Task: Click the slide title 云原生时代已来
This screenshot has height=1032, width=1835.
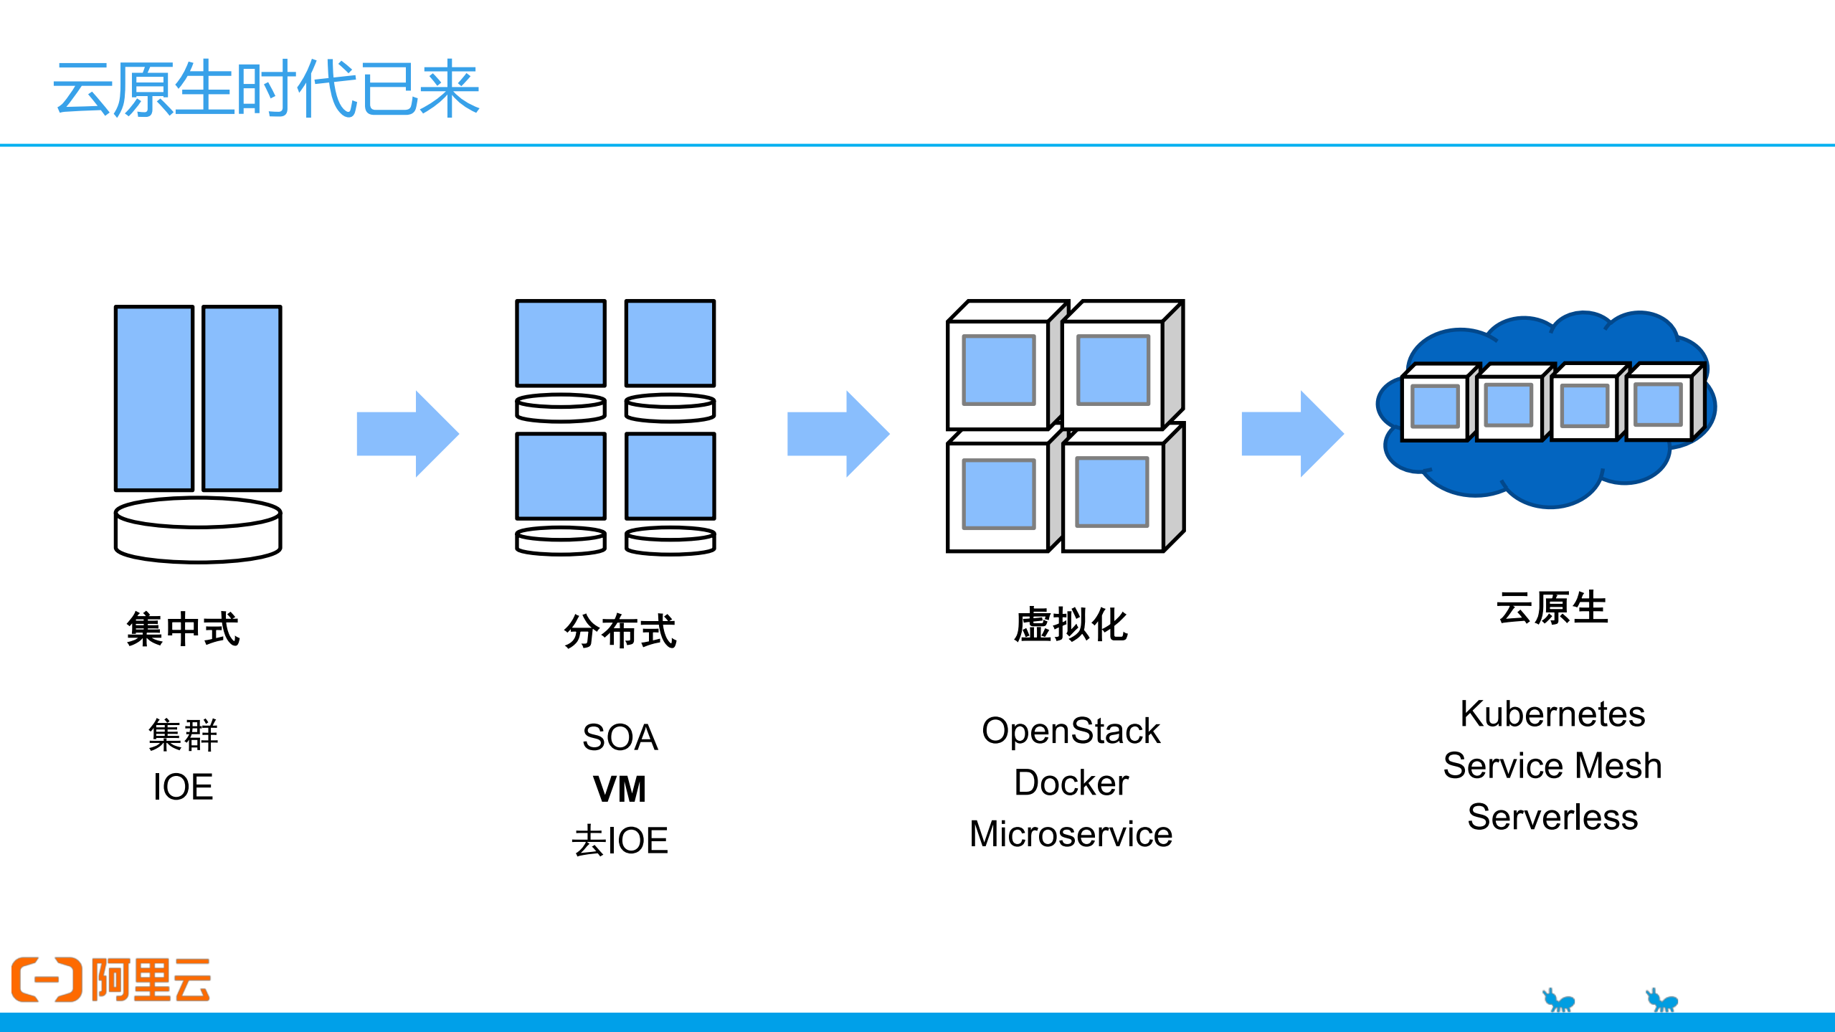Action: pos(266,89)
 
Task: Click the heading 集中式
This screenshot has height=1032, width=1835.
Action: pos(183,629)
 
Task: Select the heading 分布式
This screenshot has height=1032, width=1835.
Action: pos(620,631)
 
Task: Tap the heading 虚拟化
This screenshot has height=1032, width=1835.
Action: pos(1071,625)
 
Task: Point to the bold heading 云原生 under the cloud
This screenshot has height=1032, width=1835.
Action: pos(1552,608)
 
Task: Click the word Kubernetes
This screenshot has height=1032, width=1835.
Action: pos(1552,714)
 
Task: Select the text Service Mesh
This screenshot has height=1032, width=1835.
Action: pos(1552,766)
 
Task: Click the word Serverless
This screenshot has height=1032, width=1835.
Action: pos(1552,818)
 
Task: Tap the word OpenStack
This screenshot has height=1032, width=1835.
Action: pos(1071,732)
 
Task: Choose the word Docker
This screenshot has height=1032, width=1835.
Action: pos(1071,783)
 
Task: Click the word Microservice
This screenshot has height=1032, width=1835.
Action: pos(1071,835)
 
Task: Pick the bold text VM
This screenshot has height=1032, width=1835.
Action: pos(620,790)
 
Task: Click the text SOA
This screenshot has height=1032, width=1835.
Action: pos(620,738)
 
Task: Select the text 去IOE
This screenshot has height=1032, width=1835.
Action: pos(620,841)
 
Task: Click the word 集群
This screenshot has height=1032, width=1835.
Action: pos(183,736)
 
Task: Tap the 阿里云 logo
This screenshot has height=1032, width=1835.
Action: pos(111,979)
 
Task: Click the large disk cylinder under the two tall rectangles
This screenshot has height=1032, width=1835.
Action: pos(198,531)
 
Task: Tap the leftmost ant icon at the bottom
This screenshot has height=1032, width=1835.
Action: pos(1558,1000)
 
